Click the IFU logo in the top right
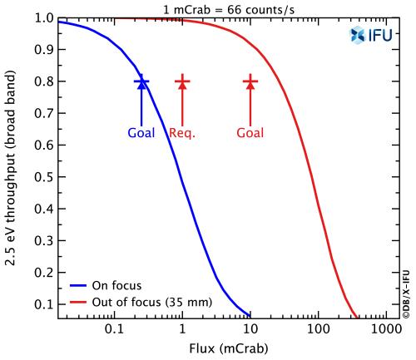tap(370, 34)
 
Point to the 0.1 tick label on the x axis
tap(114, 331)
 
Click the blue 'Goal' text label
tap(141, 133)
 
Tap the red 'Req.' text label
tap(182, 133)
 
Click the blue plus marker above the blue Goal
tap(141, 81)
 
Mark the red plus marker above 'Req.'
tap(182, 81)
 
